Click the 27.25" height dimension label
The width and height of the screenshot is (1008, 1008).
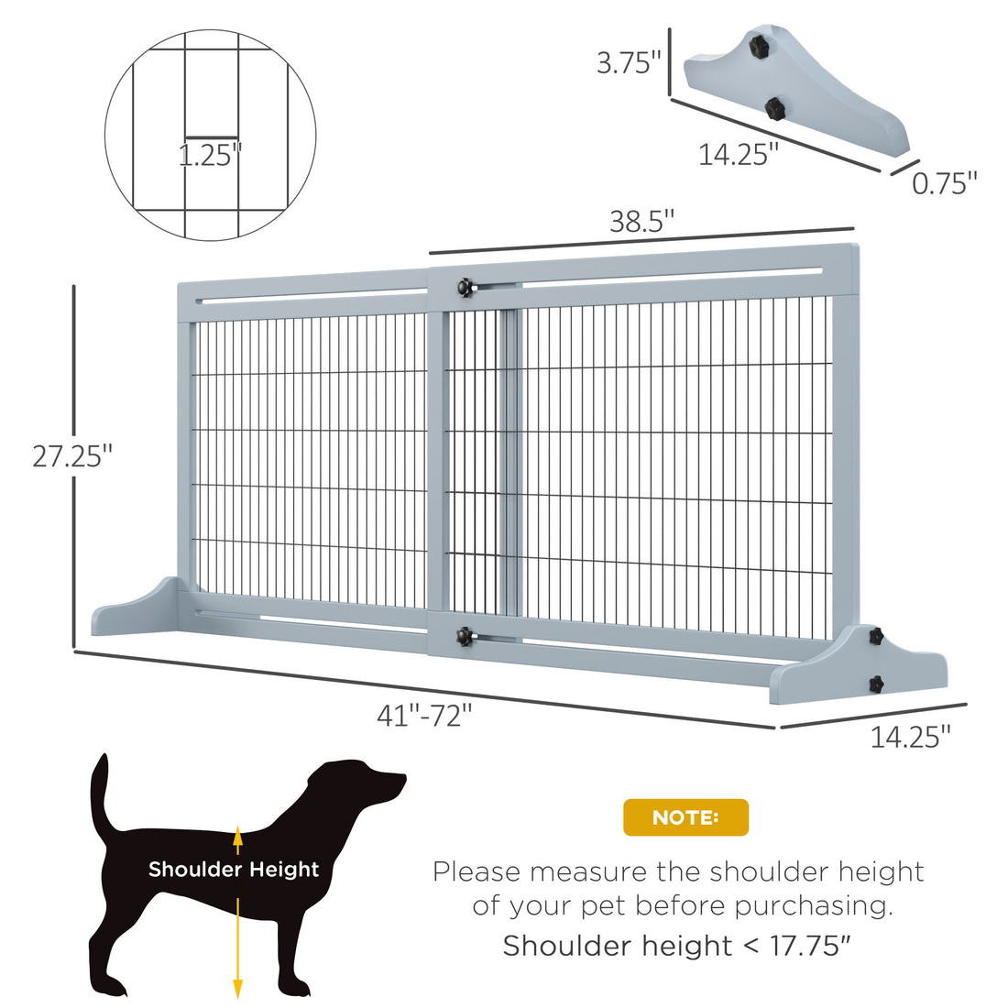(72, 455)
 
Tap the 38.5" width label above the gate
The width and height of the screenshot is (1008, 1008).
(642, 222)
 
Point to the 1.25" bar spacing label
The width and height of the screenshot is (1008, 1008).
(210, 155)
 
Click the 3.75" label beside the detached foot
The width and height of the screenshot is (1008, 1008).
(629, 63)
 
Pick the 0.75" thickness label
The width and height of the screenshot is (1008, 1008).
(945, 183)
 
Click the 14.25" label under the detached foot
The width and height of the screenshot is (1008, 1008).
(739, 154)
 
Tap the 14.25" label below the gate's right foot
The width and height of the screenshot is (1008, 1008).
(910, 736)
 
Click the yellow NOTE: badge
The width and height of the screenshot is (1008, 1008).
(685, 817)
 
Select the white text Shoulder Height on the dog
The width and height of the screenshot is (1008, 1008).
(234, 869)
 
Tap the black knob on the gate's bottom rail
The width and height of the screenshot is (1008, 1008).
(465, 635)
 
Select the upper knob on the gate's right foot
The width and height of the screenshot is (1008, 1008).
(874, 635)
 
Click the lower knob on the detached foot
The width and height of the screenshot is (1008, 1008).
(774, 109)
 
